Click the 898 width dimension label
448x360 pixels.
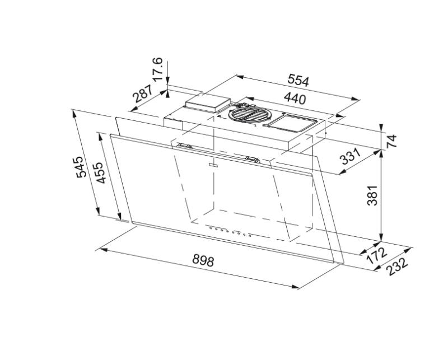(203, 260)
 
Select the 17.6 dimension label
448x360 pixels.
(158, 68)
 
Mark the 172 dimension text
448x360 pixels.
(377, 255)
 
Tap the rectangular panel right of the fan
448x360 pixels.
(291, 121)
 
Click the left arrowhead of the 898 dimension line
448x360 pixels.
(100, 250)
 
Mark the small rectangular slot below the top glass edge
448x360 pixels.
(212, 165)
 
